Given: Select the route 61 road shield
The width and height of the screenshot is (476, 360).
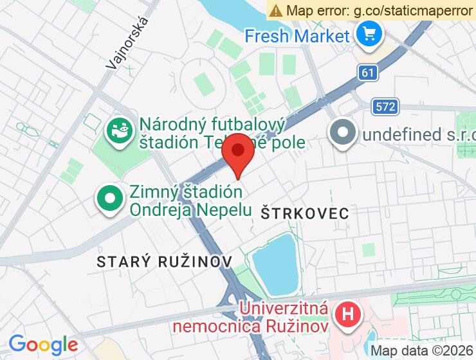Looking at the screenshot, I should (x=367, y=73).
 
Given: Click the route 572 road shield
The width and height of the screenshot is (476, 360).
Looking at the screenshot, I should (x=385, y=107).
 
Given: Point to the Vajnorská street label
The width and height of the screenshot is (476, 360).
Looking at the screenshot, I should (x=131, y=42).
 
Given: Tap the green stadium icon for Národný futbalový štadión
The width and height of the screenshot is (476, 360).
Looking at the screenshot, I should (x=120, y=131).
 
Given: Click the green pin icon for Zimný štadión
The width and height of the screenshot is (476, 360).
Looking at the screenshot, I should (x=110, y=199).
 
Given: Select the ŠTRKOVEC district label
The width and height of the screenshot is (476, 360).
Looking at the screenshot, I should (x=305, y=213).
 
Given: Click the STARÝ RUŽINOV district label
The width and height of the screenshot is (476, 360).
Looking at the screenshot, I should (x=164, y=261).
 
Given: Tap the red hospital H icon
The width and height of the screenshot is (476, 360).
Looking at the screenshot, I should (x=348, y=315).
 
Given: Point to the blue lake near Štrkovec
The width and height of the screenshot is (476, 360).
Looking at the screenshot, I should (x=273, y=265).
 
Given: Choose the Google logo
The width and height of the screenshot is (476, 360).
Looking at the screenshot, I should (x=43, y=345).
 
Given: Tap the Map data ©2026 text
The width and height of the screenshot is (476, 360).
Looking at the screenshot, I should (x=422, y=350).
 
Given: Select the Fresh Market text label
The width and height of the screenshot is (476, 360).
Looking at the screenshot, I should (x=296, y=35).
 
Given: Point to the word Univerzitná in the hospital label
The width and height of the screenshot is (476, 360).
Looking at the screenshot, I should (x=284, y=308).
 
